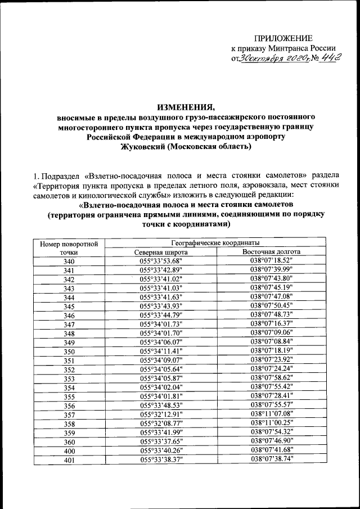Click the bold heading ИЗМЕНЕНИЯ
pos(179,107)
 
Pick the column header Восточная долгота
pos(272,252)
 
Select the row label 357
pos(69,414)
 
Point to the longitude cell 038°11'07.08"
pos(272,414)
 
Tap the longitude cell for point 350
pos(272,351)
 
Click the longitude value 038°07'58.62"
pos(272,378)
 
